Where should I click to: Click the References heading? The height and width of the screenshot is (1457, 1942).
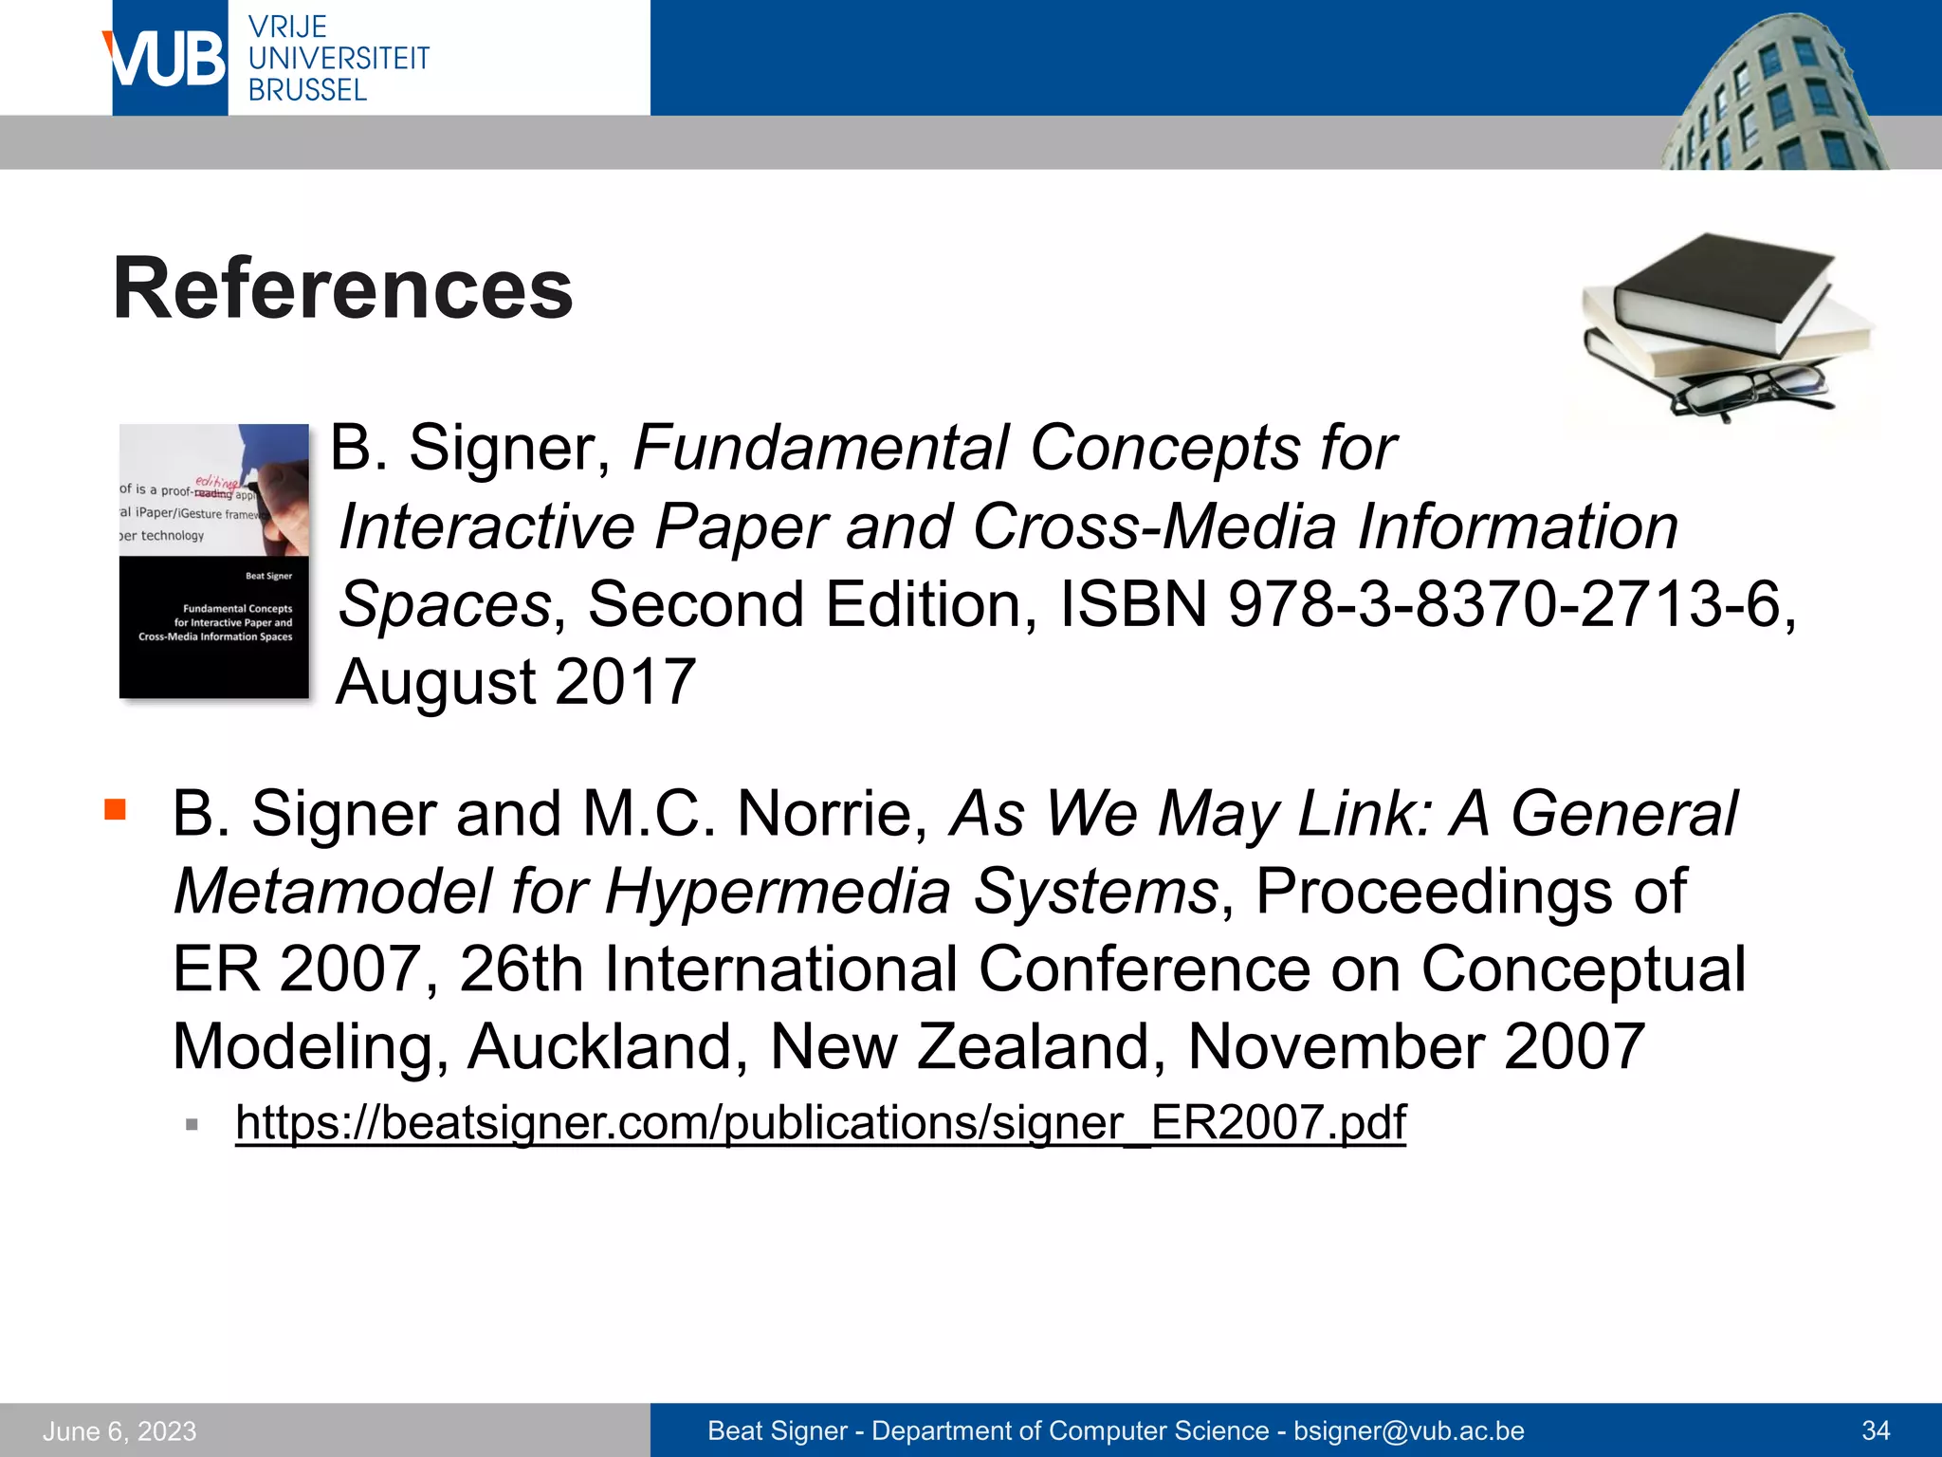[342, 288]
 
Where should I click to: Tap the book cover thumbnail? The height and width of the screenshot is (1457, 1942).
[214, 561]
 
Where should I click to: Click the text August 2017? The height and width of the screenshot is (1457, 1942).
[517, 682]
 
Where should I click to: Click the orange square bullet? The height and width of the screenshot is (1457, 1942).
[116, 809]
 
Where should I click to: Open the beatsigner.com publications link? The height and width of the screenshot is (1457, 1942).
[820, 1123]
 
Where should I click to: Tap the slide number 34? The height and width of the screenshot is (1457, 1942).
[1876, 1430]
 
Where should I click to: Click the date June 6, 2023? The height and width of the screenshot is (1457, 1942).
[119, 1430]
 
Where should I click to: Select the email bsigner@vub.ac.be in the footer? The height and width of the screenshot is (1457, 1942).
[1409, 1430]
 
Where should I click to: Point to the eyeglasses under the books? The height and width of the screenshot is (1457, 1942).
[1750, 390]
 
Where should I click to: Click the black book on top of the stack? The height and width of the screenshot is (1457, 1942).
[1721, 285]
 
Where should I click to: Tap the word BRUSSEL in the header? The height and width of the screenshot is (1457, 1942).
[307, 90]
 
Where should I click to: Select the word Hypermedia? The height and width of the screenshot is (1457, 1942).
[778, 892]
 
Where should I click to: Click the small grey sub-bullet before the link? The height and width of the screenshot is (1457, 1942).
[192, 1125]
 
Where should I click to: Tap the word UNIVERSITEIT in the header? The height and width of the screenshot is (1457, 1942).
[339, 58]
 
